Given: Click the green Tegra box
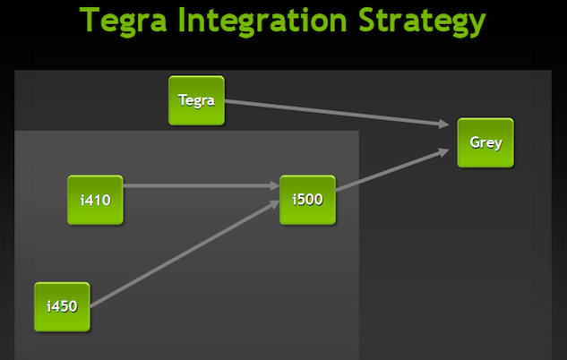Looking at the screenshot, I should click(196, 100).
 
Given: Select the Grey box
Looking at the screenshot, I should click(485, 142).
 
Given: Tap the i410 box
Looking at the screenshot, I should click(95, 200).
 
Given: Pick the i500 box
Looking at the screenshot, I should click(307, 200).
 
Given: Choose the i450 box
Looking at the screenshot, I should click(63, 306).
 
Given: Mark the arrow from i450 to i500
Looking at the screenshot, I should click(179, 254).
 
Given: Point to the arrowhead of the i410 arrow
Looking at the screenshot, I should click(274, 186).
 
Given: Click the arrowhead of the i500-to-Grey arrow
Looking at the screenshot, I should click(444, 151).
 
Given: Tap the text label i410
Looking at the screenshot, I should click(95, 200).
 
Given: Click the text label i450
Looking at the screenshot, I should click(63, 306).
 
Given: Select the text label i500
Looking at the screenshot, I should click(307, 200).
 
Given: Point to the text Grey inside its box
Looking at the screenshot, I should click(485, 142).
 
